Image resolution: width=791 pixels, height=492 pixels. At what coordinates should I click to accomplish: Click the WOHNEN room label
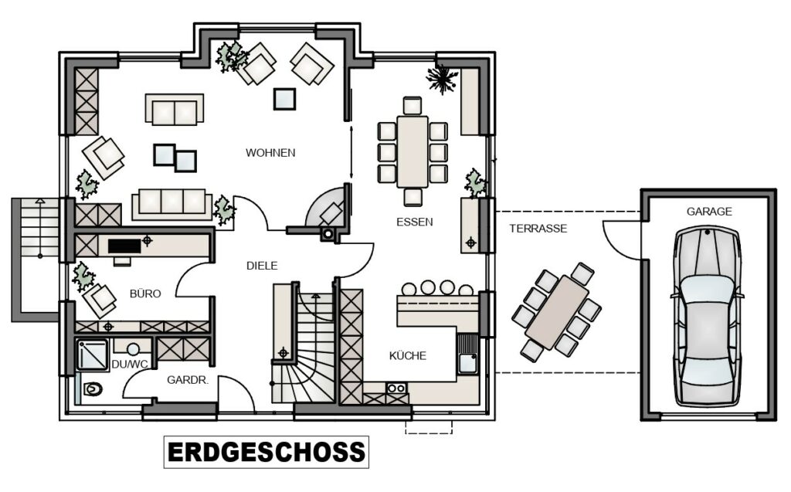pyautogui.click(x=270, y=152)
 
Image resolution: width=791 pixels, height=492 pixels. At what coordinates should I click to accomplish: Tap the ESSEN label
pyautogui.click(x=414, y=222)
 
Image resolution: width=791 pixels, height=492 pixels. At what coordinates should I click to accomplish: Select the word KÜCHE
pyautogui.click(x=408, y=355)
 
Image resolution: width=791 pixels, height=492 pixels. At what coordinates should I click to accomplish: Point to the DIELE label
pyautogui.click(x=262, y=266)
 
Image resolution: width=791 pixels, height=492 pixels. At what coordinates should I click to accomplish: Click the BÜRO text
pyautogui.click(x=145, y=294)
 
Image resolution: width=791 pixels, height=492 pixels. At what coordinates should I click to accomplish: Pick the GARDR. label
pyautogui.click(x=188, y=380)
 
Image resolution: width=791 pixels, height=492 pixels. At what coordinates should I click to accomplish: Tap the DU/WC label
pyautogui.click(x=130, y=364)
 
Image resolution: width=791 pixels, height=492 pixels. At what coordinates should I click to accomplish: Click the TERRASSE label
pyautogui.click(x=538, y=228)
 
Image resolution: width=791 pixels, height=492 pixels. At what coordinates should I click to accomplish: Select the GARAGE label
pyautogui.click(x=709, y=212)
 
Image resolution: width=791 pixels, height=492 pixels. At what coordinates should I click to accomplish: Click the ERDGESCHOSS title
pyautogui.click(x=266, y=452)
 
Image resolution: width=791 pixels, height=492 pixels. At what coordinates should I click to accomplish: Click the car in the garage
pyautogui.click(x=708, y=316)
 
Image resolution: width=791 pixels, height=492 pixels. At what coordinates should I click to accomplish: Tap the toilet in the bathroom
pyautogui.click(x=93, y=389)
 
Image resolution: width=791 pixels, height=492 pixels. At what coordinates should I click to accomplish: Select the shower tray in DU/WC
pyautogui.click(x=93, y=355)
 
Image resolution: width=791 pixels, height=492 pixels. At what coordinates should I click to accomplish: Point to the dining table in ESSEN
pyautogui.click(x=412, y=151)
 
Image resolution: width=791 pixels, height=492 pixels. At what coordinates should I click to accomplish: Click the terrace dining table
pyautogui.click(x=556, y=312)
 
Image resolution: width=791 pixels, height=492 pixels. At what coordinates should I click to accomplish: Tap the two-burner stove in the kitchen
pyautogui.click(x=396, y=388)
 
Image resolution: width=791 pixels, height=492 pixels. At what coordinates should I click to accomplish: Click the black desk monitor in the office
pyautogui.click(x=124, y=246)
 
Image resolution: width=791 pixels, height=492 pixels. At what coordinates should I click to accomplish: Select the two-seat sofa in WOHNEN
pyautogui.click(x=175, y=108)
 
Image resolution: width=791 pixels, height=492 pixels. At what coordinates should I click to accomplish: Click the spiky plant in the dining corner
pyautogui.click(x=442, y=78)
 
